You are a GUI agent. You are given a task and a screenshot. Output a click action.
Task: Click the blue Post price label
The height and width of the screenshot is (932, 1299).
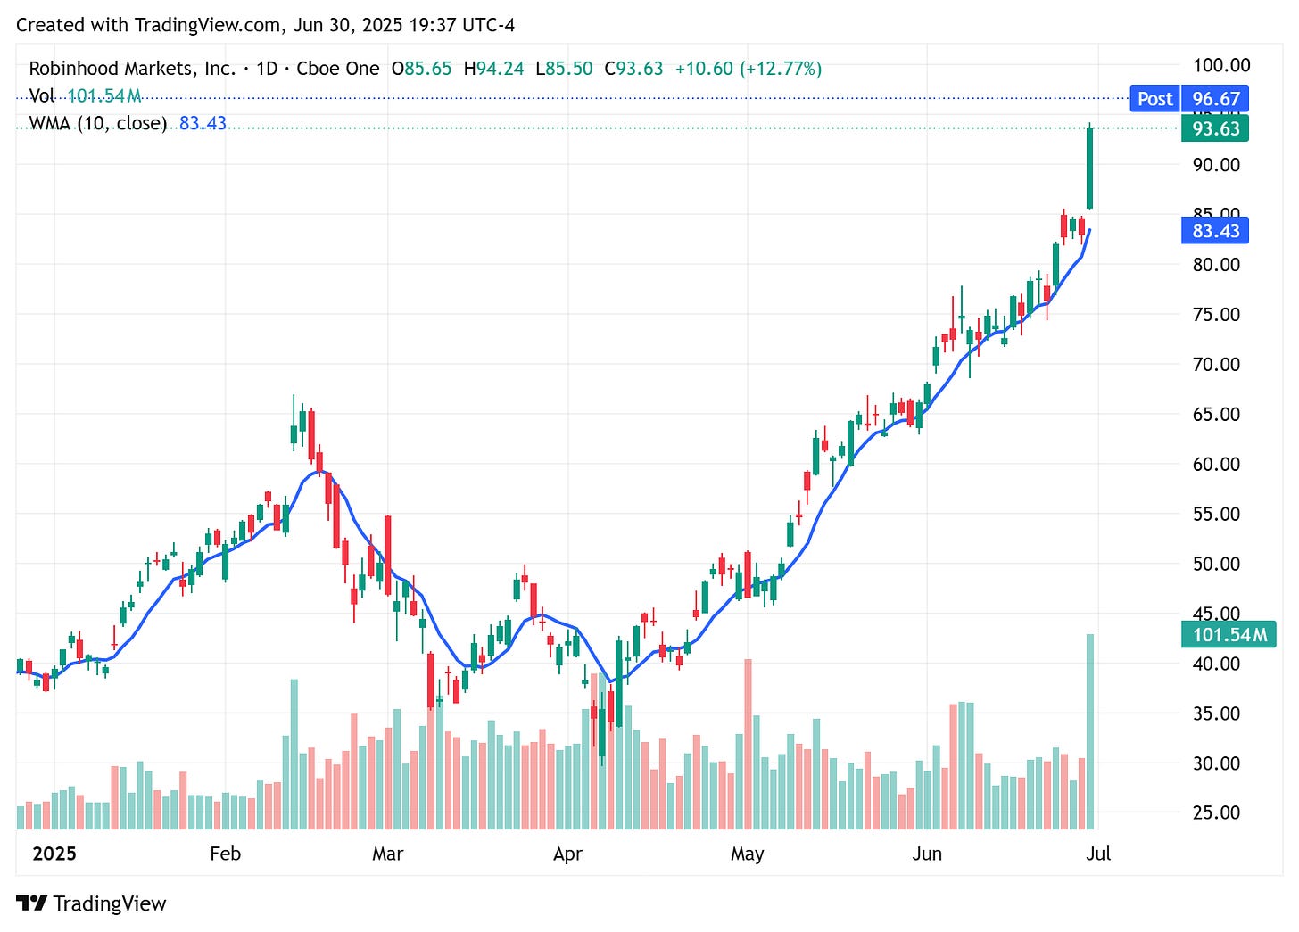tap(1154, 99)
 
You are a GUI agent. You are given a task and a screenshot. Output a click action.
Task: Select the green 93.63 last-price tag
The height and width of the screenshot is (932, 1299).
tap(1215, 128)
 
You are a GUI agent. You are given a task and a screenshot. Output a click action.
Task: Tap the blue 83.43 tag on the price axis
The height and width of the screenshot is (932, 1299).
tap(1215, 231)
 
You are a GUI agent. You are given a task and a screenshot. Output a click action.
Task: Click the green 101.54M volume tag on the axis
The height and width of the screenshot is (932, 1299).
tap(1229, 635)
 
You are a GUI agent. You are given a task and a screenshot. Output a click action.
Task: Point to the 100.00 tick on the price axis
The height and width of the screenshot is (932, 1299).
tap(1221, 65)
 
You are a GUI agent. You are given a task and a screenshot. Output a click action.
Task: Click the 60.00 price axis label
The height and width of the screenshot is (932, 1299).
tap(1216, 464)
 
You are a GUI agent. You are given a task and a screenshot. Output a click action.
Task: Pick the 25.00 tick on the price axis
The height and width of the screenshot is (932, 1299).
tap(1216, 812)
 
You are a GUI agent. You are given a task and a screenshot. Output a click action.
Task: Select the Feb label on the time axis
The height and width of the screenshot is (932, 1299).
tap(225, 854)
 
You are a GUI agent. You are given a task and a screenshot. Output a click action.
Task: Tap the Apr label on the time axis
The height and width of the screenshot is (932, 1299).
tap(567, 854)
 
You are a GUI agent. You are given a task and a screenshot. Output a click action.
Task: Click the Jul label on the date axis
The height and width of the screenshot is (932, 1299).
tap(1098, 854)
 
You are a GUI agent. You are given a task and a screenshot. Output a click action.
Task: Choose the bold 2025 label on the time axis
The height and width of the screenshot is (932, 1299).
tap(54, 854)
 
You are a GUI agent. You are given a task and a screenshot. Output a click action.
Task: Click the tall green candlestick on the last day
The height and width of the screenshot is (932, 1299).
tap(1089, 169)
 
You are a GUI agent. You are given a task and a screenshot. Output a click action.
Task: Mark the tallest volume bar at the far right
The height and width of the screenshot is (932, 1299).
tap(1089, 731)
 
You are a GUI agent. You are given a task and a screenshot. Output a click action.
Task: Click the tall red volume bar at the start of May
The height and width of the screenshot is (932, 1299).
tap(748, 745)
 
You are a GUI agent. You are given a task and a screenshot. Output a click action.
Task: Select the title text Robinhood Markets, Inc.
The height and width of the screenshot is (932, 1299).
tap(132, 69)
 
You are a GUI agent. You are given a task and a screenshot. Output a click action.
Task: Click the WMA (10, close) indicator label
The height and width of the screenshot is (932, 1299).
tap(98, 124)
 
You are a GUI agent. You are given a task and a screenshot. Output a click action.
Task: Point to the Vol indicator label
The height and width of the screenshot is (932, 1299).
tap(42, 96)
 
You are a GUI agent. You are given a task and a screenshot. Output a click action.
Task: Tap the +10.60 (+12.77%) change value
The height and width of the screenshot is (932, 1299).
tap(748, 69)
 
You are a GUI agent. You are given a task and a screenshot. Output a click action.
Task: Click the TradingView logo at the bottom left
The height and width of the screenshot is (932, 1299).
tap(91, 903)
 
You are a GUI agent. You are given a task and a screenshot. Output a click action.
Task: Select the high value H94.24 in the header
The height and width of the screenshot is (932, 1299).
tap(493, 69)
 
